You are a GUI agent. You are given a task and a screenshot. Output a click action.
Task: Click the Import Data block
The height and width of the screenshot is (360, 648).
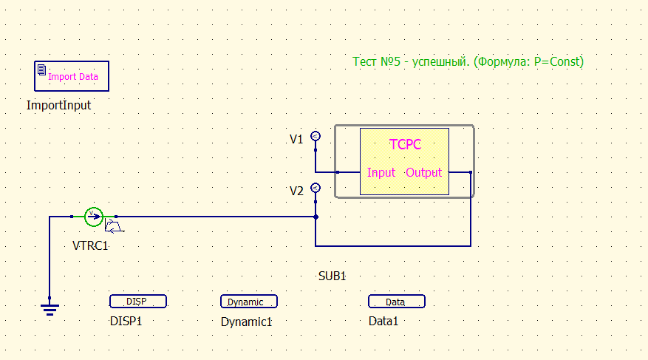pos(72,75)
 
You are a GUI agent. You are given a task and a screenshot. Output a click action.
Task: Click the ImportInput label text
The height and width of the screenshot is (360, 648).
pos(58,105)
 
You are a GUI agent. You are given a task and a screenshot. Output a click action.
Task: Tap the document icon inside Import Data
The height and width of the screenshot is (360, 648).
pos(42,70)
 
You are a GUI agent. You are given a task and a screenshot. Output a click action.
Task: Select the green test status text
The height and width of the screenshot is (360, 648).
pos(468,62)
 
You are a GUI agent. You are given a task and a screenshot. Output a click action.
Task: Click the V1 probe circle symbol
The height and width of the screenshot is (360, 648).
pos(316,136)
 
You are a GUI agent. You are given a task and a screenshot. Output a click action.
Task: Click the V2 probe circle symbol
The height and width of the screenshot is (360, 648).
pos(316,188)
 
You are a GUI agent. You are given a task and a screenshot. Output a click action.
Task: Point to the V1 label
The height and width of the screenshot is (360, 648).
pos(296,139)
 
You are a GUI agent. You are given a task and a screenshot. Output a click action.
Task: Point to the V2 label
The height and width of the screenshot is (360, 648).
pos(296,191)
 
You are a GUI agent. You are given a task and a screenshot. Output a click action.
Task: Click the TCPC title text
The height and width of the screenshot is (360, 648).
pos(405,144)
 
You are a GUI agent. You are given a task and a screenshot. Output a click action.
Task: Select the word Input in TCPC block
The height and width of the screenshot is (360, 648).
pos(381,173)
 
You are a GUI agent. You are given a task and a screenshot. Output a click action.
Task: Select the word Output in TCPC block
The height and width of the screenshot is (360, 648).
pos(424,173)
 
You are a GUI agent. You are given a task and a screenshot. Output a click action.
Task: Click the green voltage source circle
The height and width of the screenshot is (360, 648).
pos(93,216)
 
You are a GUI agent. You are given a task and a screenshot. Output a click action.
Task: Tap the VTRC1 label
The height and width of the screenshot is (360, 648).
pos(91,245)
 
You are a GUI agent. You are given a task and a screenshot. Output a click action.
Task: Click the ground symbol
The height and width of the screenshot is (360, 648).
pos(50,309)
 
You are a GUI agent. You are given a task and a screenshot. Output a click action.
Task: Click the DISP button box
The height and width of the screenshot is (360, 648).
pos(137,302)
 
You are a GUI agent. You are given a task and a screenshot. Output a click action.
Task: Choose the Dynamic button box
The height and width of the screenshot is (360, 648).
pos(248,302)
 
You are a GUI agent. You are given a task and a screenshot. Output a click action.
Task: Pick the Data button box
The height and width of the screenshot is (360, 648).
pos(396,302)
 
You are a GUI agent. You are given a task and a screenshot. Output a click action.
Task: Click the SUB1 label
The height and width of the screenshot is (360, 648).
pos(332,276)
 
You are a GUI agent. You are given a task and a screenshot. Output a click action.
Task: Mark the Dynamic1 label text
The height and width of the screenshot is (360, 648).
pos(247,322)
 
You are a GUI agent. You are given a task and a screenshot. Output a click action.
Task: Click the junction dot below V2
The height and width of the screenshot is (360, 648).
pos(316,217)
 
